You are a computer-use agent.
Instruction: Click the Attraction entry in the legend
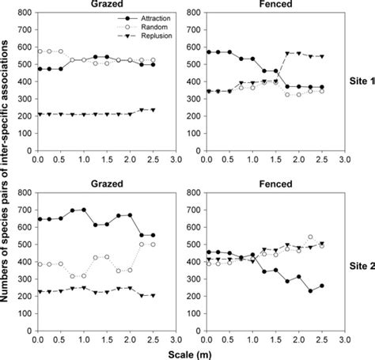155,17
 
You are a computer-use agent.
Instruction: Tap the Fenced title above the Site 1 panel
267,5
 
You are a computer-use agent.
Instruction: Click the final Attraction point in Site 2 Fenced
321,286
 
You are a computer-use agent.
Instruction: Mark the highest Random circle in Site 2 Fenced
310,237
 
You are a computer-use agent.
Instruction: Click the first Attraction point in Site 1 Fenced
206,51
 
